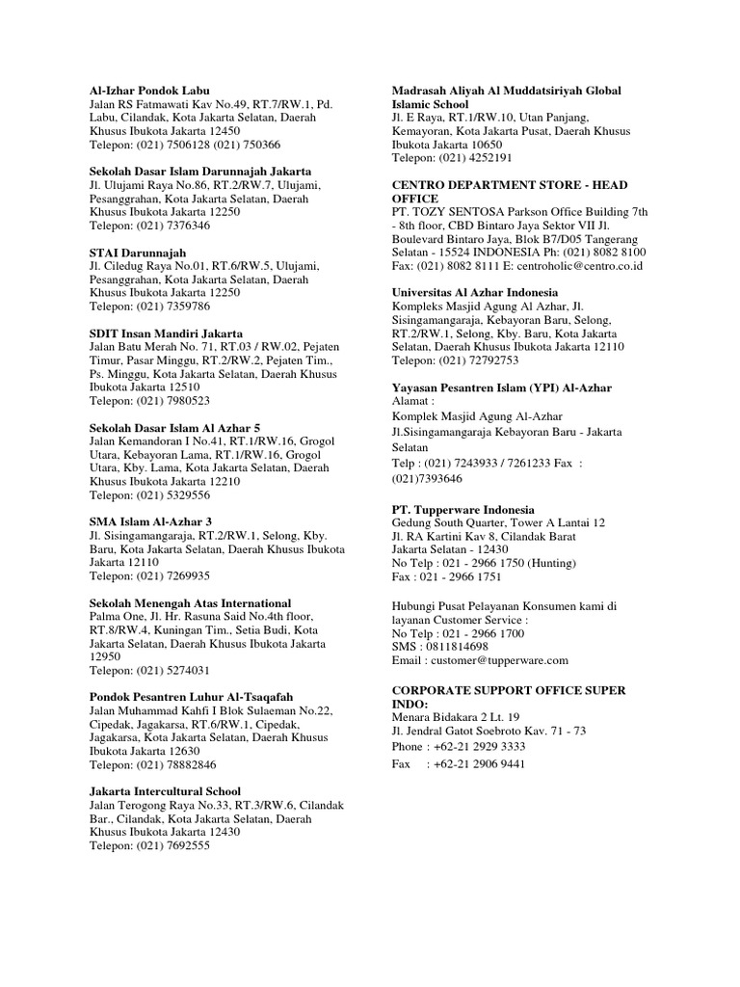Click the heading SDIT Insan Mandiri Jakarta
coord(166,333)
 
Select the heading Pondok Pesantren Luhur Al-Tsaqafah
coord(191,697)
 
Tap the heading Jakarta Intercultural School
coord(165,791)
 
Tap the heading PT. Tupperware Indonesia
coord(463,509)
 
